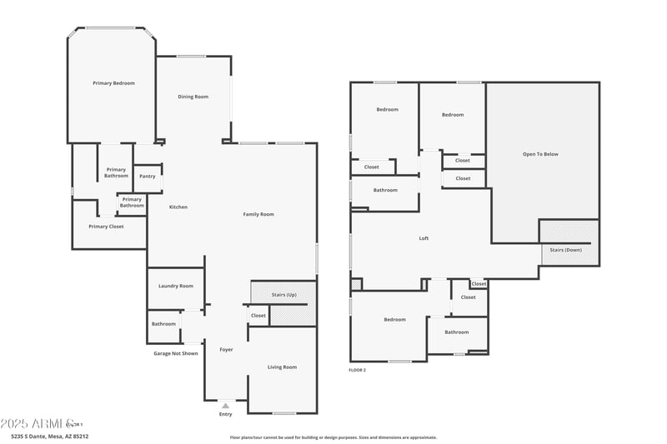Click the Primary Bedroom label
[113, 83]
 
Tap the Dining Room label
[193, 97]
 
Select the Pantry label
[147, 177]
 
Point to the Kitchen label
[178, 207]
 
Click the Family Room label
[258, 215]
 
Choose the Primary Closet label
[106, 227]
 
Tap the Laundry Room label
[176, 286]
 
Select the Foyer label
[226, 350]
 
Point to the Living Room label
[282, 367]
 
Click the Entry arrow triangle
[225, 406]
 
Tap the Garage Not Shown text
[176, 353]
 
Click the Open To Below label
[540, 154]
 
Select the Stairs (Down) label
[565, 250]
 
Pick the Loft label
[424, 239]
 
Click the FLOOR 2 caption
[357, 370]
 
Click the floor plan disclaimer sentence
[333, 437]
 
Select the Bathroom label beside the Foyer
[163, 324]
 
